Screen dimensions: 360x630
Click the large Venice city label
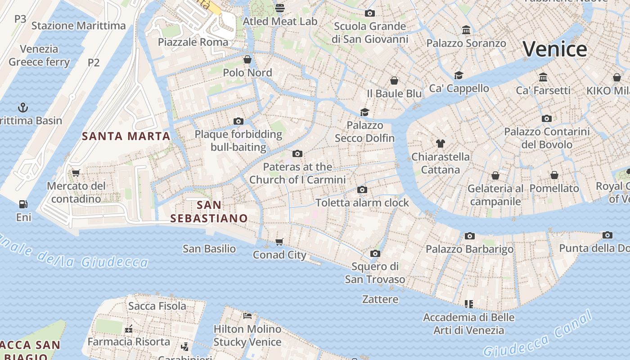tap(555, 49)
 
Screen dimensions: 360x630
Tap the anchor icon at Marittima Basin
tap(22, 108)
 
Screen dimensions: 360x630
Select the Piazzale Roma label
tap(193, 42)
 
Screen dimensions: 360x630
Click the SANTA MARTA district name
tap(126, 136)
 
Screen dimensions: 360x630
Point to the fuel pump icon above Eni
tap(23, 204)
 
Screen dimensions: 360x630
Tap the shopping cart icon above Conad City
tap(279, 242)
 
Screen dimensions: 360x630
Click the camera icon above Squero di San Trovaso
tap(375, 254)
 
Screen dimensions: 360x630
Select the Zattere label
tap(380, 299)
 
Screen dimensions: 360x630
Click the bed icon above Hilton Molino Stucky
tap(247, 316)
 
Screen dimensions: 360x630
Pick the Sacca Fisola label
tap(157, 306)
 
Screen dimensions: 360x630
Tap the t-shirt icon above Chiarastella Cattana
tap(441, 144)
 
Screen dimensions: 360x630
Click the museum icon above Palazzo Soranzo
tap(466, 30)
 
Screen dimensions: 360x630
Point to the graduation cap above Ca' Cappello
tap(459, 75)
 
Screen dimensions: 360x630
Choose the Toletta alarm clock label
tap(362, 202)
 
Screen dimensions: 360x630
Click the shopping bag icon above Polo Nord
tap(247, 59)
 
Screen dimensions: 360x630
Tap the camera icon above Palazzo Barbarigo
tap(470, 236)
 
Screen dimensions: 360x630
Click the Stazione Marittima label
tap(79, 26)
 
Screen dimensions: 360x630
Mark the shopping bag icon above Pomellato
tap(554, 175)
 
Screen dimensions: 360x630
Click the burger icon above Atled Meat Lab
tap(280, 8)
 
